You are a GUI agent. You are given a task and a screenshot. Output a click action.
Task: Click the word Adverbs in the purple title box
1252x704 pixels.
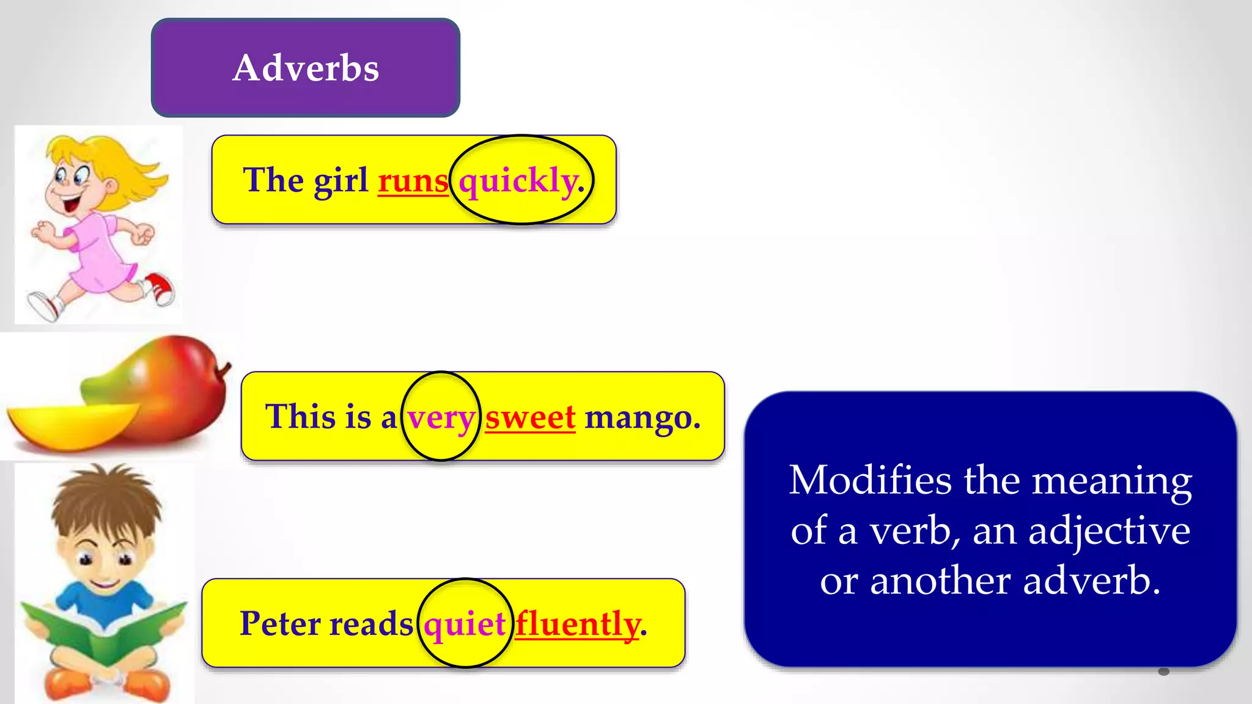tap(306, 67)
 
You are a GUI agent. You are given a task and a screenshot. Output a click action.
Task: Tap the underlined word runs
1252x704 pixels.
tap(413, 181)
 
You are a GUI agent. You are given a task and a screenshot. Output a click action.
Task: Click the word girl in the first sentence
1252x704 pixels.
tap(341, 181)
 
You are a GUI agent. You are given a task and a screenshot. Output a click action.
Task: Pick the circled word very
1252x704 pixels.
tap(441, 418)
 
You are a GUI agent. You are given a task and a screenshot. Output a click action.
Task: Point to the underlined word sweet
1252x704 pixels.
tap(530, 418)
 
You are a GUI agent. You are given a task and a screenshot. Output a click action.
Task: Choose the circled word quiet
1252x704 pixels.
tap(465, 624)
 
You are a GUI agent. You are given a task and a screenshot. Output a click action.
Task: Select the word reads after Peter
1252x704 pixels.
tap(371, 624)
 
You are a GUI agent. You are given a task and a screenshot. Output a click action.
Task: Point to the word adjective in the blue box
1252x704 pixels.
tap(1109, 530)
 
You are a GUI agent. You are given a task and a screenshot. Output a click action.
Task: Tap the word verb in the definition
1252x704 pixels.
tap(911, 530)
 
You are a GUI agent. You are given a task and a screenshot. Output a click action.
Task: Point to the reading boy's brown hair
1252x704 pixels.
tap(107, 498)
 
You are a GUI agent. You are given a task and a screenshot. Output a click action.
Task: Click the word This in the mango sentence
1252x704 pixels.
tap(300, 417)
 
